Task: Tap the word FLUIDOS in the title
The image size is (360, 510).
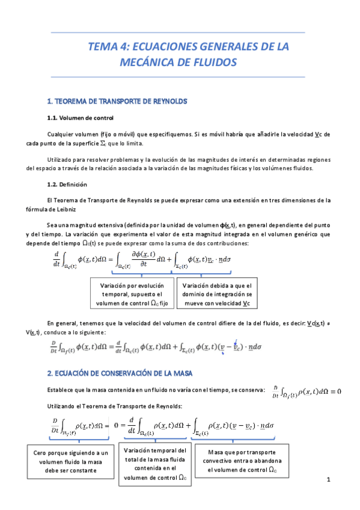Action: [213, 62]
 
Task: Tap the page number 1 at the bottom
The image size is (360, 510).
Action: [329, 480]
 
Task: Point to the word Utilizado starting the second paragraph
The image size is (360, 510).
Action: [61, 159]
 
